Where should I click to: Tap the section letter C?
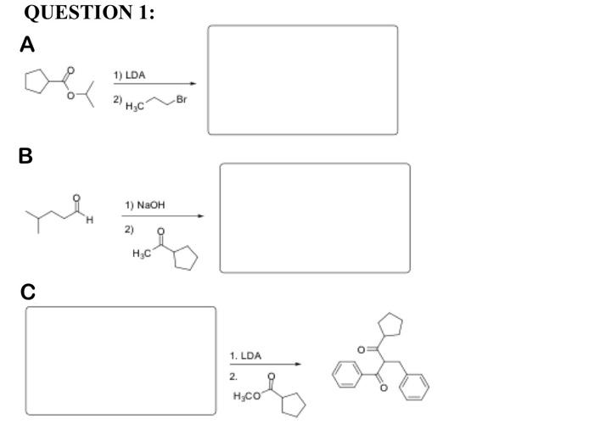click(x=29, y=293)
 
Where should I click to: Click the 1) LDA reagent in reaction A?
click(x=130, y=75)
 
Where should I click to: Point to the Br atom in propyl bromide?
click(x=182, y=100)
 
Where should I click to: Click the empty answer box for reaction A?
click(x=302, y=80)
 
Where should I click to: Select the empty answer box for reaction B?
click(x=315, y=218)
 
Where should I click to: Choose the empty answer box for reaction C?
click(x=120, y=360)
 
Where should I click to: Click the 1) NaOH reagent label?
click(x=141, y=205)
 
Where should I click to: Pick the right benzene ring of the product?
click(x=417, y=393)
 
